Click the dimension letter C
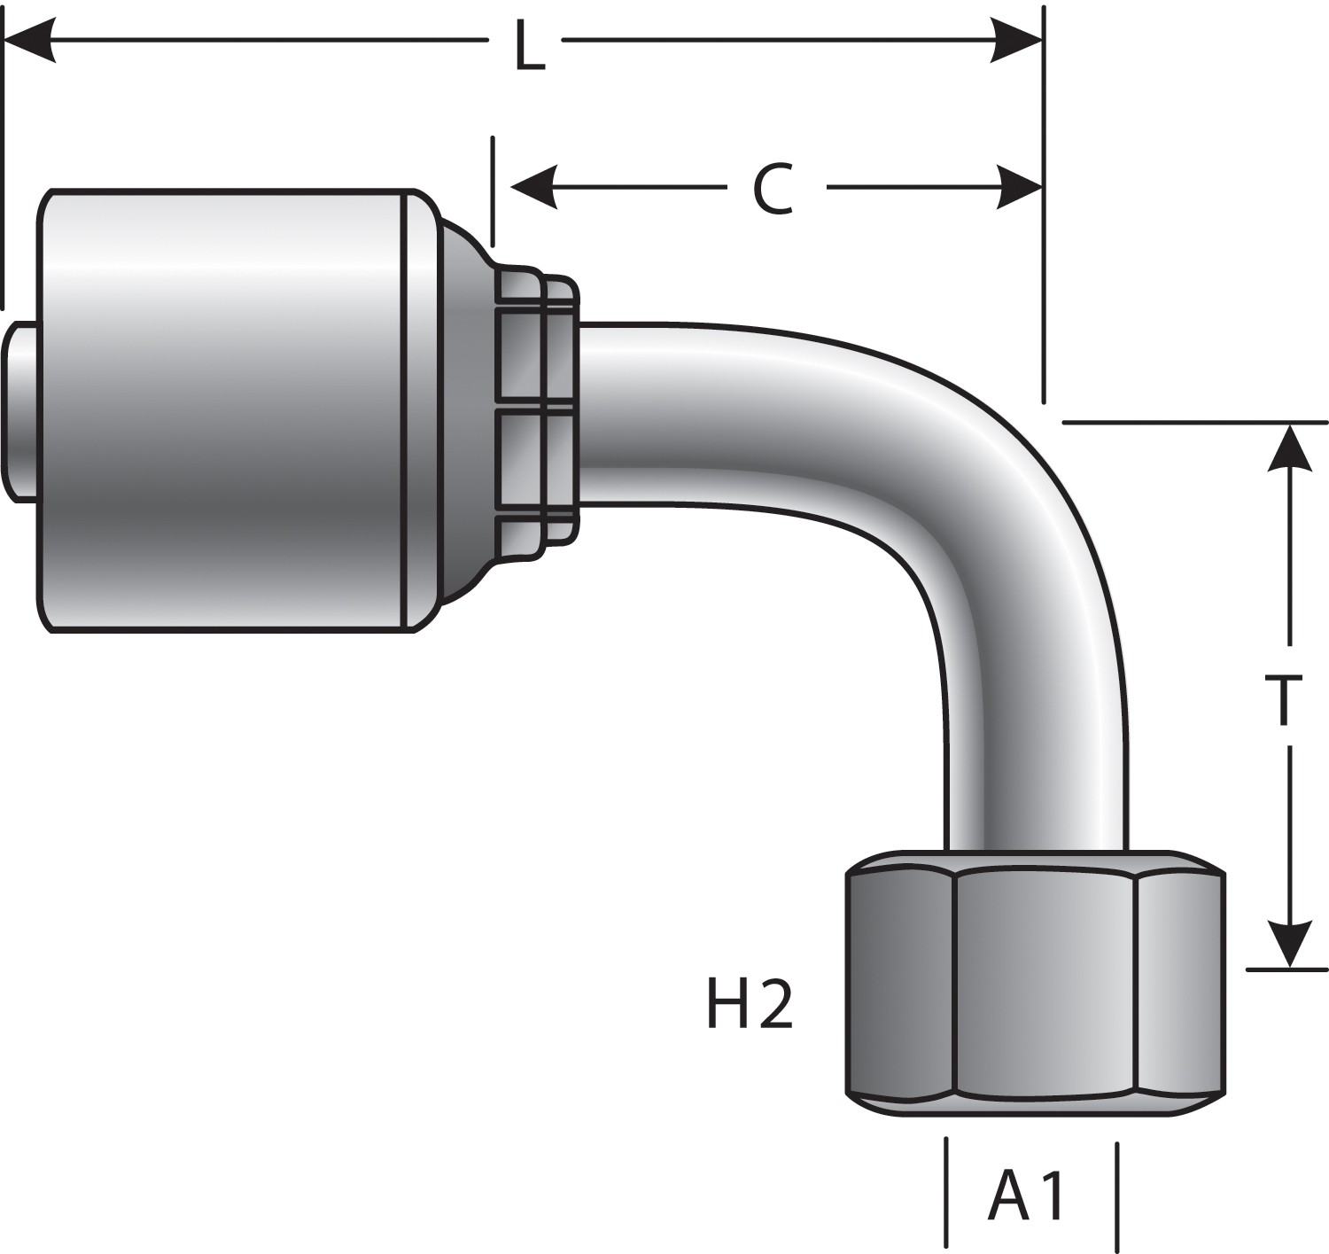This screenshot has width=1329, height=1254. click(773, 189)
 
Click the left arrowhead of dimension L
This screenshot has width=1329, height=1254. click(31, 41)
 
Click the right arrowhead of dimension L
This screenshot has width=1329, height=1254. click(1017, 41)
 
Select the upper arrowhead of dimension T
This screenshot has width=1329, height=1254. click(1290, 448)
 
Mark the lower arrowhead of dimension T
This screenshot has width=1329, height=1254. click(1290, 943)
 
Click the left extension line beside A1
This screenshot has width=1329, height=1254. click(947, 1192)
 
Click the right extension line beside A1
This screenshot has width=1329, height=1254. click(1117, 1192)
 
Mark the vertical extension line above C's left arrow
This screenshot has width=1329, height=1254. click(493, 191)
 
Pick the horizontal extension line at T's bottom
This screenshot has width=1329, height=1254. click(1285, 970)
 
